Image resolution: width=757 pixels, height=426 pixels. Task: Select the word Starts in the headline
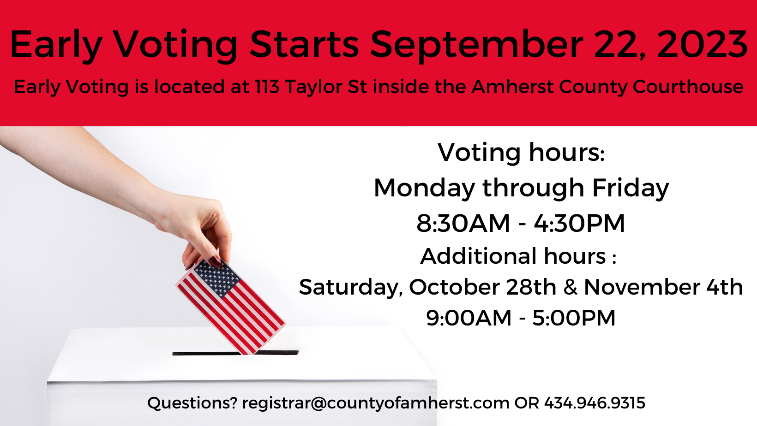point(304,44)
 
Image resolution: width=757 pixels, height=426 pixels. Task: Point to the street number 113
point(267,86)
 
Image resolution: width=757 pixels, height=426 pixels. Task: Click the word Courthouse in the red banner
point(688,86)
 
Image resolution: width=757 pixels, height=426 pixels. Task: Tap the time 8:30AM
point(463,223)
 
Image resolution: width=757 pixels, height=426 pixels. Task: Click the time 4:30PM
point(579,223)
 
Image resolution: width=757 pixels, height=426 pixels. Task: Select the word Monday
point(424,189)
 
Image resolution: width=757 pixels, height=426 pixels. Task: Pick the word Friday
point(631,189)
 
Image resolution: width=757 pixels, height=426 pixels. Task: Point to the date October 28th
point(482,287)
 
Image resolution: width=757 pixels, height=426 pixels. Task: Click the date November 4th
point(663,287)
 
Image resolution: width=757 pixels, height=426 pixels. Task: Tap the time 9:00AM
point(469,318)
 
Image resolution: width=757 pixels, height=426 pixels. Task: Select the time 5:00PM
point(574,318)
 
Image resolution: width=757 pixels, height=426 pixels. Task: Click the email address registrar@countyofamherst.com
point(375,403)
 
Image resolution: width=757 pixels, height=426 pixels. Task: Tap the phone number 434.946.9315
point(595,403)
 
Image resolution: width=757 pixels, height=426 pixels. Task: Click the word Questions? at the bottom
point(192,403)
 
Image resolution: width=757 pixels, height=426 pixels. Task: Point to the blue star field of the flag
point(216,278)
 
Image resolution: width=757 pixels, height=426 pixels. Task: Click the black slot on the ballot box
point(235,353)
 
